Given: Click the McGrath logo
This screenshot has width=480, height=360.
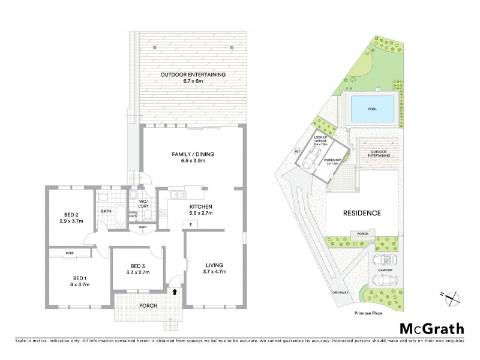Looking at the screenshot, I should pyautogui.click(x=432, y=328).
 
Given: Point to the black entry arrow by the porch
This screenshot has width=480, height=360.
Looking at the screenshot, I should pyautogui.click(x=175, y=292).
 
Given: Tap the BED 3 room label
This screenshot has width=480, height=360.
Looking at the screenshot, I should pyautogui.click(x=138, y=266).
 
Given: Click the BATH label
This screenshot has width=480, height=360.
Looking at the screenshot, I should pyautogui.click(x=106, y=211).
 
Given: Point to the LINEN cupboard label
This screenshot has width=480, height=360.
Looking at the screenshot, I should pyautogui.click(x=142, y=227).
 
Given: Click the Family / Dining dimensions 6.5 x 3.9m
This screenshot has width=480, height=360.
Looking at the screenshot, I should pyautogui.click(x=193, y=161).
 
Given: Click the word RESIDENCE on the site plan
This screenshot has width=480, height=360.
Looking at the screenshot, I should pyautogui.click(x=362, y=213).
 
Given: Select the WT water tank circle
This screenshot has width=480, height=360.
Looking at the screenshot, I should pyautogui.click(x=296, y=151).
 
